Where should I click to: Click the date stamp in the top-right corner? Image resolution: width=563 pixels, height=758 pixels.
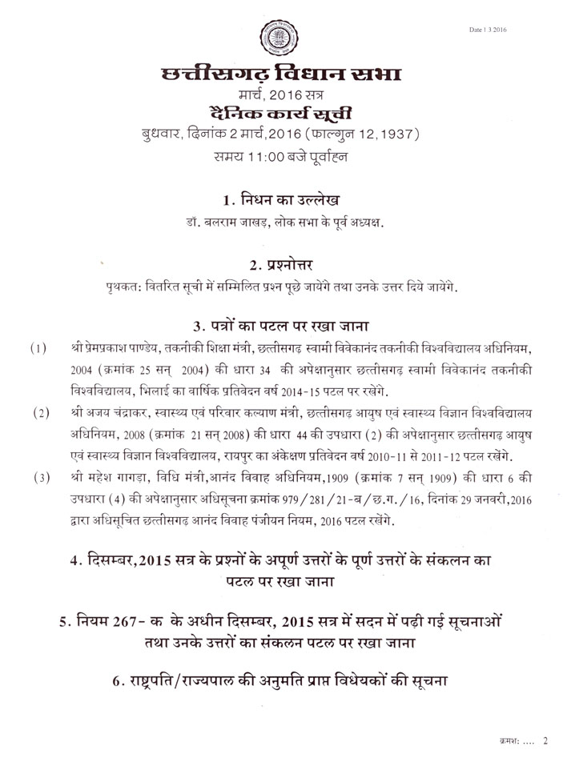[489, 30]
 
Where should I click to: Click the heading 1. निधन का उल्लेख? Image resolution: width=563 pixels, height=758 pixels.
[281, 199]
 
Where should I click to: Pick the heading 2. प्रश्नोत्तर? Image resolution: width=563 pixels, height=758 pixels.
[281, 264]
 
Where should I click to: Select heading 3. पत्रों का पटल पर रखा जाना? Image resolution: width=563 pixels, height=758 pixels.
[281, 326]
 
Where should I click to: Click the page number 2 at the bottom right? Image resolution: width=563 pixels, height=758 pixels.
[545, 740]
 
